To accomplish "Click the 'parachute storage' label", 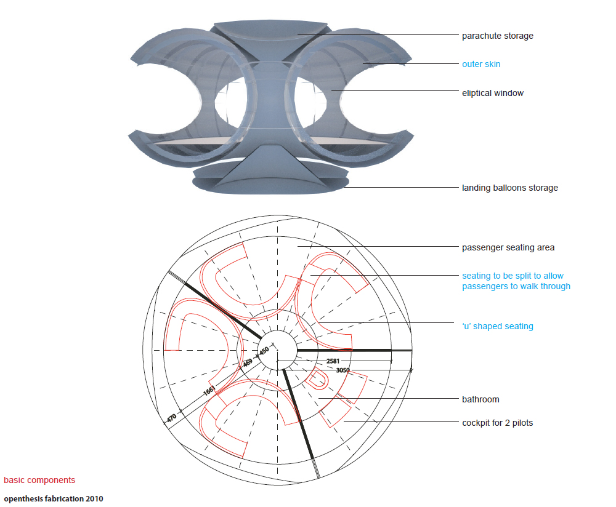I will click(x=498, y=36).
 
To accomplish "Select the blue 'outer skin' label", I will click(x=481, y=64).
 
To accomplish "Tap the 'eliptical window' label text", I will click(x=493, y=93).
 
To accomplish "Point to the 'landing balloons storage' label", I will click(x=510, y=188).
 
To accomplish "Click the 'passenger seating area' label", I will click(x=508, y=247).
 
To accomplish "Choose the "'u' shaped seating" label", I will click(x=498, y=326).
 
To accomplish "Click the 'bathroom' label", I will click(x=480, y=399).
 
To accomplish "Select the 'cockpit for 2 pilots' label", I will click(x=497, y=423).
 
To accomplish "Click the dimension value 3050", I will click(x=343, y=370).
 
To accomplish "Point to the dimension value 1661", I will click(x=208, y=391).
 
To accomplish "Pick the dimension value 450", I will click(x=264, y=351).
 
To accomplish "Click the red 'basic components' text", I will click(x=39, y=480).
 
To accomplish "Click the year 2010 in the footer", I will click(x=95, y=498).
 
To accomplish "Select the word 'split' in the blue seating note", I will click(x=524, y=276).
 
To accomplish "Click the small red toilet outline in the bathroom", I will click(x=317, y=381).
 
